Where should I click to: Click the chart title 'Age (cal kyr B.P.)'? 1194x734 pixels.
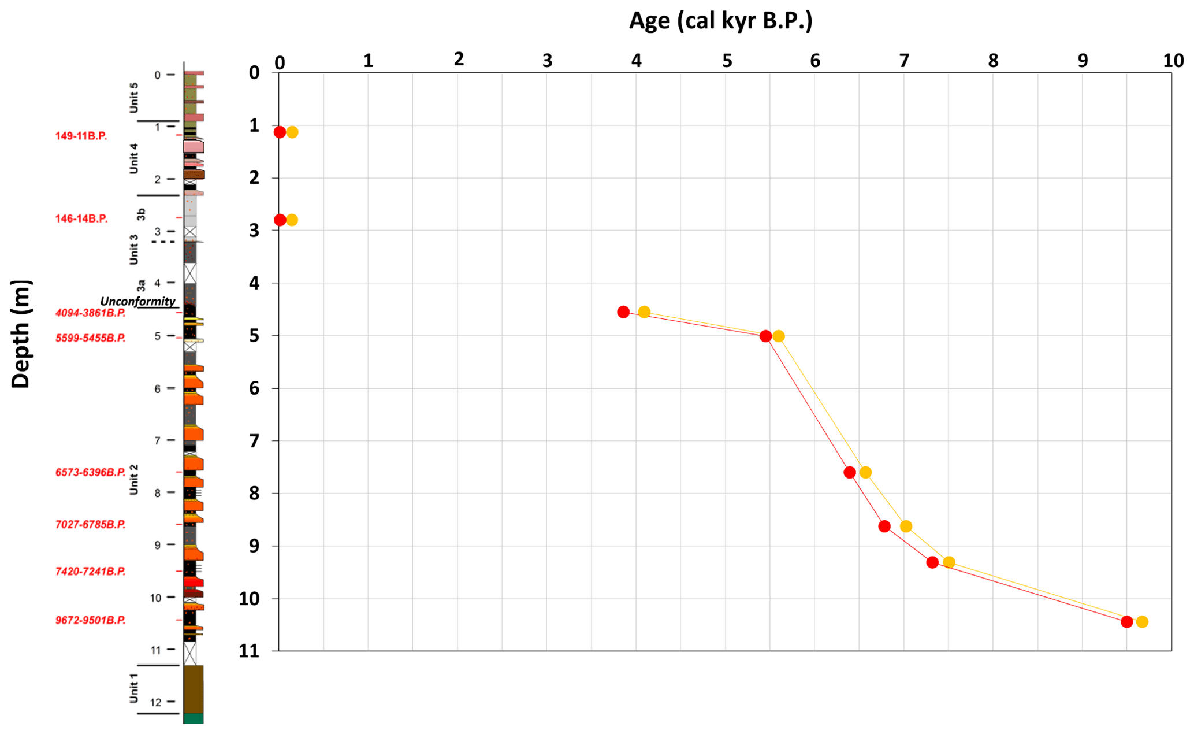coord(720,21)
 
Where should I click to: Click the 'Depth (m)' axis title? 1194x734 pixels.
coord(21,334)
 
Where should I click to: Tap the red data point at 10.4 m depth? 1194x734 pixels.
coord(1126,622)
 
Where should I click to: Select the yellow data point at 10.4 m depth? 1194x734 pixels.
coord(1142,622)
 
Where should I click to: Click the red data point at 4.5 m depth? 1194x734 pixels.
coord(623,312)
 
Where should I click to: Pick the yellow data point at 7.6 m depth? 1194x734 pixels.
coord(865,473)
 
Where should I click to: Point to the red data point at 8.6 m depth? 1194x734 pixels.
coord(884,526)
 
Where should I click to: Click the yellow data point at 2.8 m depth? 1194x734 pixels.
coord(292,220)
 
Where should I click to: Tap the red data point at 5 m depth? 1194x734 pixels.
coord(766,336)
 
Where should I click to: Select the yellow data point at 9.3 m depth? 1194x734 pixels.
coord(949,562)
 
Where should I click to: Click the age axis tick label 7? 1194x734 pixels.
coord(904,61)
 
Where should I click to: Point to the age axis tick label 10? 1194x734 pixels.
coord(1173,61)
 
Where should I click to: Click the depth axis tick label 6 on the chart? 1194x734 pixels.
coord(254,388)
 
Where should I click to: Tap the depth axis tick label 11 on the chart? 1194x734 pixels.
coord(250,651)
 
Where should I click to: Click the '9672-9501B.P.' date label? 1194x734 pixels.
coord(90,620)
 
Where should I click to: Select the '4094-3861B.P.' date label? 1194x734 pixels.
coord(90,313)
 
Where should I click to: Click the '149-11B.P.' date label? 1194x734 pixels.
coord(81,136)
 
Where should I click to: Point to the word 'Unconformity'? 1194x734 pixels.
coord(137,301)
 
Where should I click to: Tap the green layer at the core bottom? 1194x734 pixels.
coord(194,718)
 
